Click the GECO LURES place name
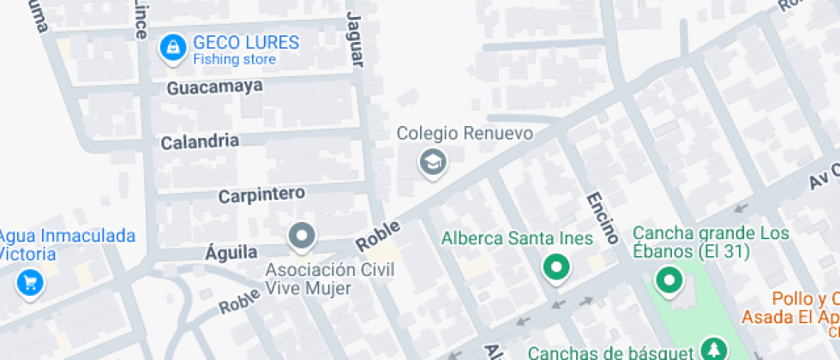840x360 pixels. (x=245, y=43)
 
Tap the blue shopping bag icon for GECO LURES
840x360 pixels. (x=173, y=48)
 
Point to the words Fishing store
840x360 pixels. (x=234, y=60)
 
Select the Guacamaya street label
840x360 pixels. (x=214, y=87)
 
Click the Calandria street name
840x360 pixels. (x=200, y=141)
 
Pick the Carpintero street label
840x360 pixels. (x=261, y=195)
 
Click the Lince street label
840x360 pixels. (x=141, y=19)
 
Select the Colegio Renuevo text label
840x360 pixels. (x=465, y=134)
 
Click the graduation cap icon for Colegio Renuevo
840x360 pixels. (x=432, y=161)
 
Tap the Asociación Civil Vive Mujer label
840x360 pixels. (x=329, y=279)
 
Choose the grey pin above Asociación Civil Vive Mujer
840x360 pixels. (x=301, y=236)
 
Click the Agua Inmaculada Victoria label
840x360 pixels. (x=66, y=245)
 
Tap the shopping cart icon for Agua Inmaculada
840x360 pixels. (x=31, y=282)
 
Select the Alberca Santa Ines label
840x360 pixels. (x=518, y=238)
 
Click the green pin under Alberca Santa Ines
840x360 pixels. (x=557, y=268)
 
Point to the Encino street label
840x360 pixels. (x=602, y=218)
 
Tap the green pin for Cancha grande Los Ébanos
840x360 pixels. (x=668, y=279)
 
